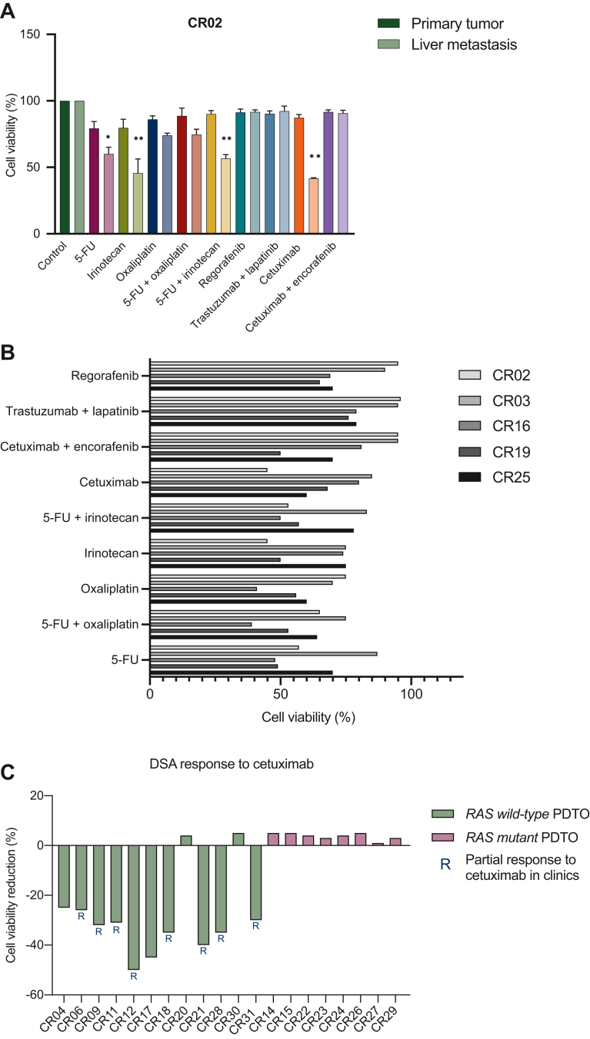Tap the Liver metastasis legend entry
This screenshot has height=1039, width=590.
[474, 45]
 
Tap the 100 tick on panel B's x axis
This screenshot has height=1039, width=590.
[412, 694]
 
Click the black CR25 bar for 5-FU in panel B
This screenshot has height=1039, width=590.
[241, 672]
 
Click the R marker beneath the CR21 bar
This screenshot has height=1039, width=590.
[203, 950]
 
